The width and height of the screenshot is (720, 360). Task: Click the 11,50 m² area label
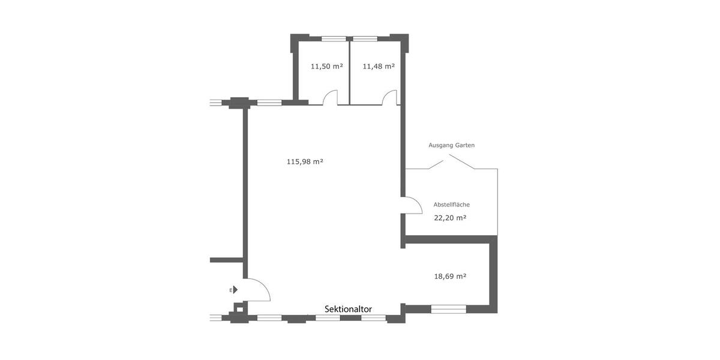(x=326, y=67)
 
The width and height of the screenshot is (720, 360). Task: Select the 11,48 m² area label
(x=379, y=67)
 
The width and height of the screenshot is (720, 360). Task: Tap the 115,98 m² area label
(x=305, y=161)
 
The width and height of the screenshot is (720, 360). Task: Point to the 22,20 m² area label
(x=450, y=218)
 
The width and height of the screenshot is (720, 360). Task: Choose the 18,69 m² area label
(x=450, y=276)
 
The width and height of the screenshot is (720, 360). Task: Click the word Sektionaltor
(x=348, y=309)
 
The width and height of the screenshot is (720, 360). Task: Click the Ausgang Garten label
(x=451, y=145)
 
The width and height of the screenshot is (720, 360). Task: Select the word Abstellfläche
(x=451, y=205)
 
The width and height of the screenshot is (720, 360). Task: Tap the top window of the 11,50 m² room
(x=334, y=39)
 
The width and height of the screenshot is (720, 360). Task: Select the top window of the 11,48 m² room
(x=365, y=39)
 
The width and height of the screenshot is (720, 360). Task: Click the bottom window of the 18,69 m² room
(x=448, y=309)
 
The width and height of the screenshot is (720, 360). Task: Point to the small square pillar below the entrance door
(x=240, y=309)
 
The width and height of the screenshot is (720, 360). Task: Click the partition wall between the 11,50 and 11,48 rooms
(x=349, y=73)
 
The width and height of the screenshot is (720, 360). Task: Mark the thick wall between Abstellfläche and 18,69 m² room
(x=451, y=239)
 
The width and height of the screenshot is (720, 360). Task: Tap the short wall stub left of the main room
(x=226, y=260)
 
